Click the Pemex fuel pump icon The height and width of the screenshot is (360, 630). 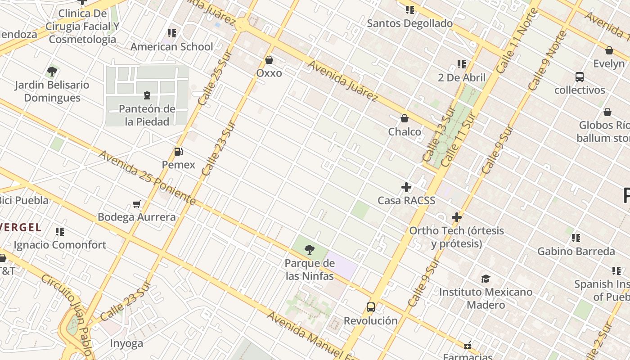[179, 152]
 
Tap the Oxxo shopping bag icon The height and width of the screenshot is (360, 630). [269, 60]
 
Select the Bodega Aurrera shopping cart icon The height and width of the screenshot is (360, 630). [137, 204]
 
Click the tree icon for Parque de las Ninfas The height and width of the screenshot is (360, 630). [309, 250]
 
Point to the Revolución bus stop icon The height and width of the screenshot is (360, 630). [371, 307]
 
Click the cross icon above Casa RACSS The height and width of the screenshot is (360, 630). [406, 187]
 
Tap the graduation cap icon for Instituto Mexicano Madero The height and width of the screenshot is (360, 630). [486, 279]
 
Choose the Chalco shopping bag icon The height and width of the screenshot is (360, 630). [405, 118]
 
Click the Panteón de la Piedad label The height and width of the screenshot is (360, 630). [147, 115]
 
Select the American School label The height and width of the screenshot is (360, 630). [171, 47]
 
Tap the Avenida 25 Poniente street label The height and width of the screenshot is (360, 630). [147, 177]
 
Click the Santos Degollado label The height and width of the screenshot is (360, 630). [409, 23]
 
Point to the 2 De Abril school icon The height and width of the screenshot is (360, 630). [461, 64]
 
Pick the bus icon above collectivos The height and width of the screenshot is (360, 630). [580, 77]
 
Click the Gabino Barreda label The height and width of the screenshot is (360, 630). [576, 251]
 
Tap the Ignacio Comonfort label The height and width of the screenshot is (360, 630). [60, 245]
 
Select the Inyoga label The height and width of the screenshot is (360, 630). [126, 343]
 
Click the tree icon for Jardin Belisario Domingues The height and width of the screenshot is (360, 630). [52, 71]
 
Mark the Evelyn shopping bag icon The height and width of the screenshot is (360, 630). [609, 50]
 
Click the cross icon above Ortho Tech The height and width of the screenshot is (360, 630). [457, 217]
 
